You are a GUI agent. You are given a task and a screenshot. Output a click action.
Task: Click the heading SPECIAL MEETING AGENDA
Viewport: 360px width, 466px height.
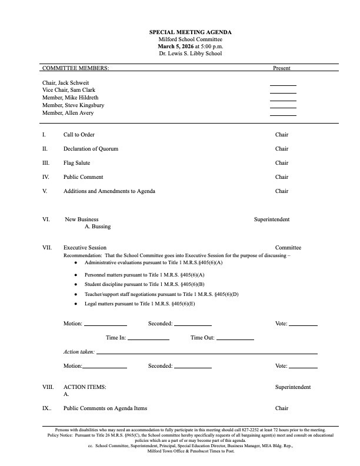pyautogui.click(x=190, y=32)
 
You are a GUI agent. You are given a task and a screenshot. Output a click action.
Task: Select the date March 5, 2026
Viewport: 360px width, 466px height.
pyautogui.click(x=174, y=46)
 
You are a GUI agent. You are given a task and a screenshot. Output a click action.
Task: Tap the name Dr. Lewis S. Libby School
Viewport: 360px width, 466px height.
pyautogui.click(x=190, y=54)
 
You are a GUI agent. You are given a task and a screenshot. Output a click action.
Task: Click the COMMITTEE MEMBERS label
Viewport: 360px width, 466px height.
pyautogui.click(x=75, y=68)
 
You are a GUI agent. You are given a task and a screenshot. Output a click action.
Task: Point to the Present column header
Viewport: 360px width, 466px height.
pyautogui.click(x=281, y=68)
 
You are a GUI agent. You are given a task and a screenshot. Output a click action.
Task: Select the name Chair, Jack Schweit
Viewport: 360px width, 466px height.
pyautogui.click(x=65, y=83)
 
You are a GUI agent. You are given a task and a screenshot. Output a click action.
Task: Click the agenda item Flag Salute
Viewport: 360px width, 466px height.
pyautogui.click(x=76, y=163)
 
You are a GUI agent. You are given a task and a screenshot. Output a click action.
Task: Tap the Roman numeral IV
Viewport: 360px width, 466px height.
pyautogui.click(x=46, y=177)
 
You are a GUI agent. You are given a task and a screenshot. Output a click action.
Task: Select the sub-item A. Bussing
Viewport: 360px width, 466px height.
pyautogui.click(x=98, y=227)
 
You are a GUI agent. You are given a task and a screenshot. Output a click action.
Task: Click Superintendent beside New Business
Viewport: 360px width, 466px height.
pyautogui.click(x=271, y=219)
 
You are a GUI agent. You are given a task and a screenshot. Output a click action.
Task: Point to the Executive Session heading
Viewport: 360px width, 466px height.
pyautogui.click(x=85, y=248)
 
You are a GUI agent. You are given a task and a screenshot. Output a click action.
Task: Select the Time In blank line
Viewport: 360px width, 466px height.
pyautogui.click(x=148, y=339)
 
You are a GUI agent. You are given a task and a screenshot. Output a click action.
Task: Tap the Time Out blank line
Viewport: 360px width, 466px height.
pyautogui.click(x=235, y=339)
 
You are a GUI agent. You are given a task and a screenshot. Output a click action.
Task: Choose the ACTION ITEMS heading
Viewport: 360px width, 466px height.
pyautogui.click(x=85, y=387)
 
